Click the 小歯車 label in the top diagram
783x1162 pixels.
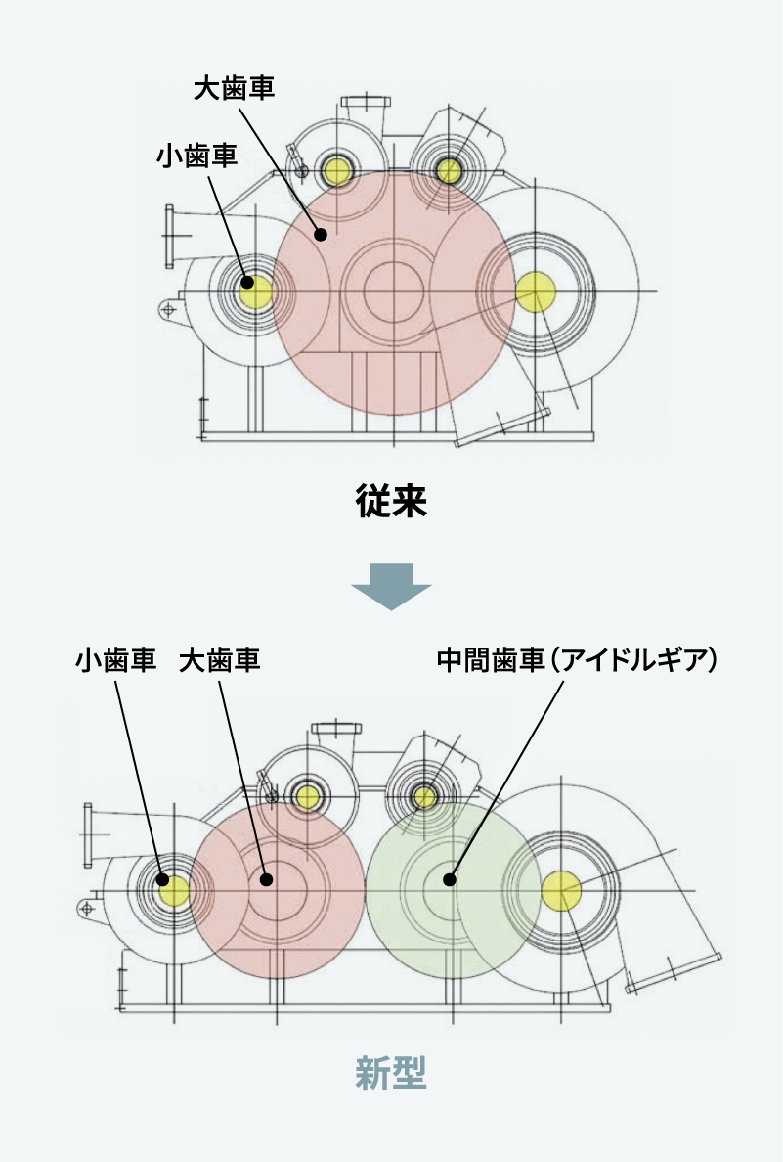click(x=196, y=156)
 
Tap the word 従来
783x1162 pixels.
click(x=390, y=504)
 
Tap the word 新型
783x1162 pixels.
click(x=390, y=1074)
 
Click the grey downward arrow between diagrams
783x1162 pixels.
click(x=391, y=586)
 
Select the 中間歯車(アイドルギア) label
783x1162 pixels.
click(x=577, y=661)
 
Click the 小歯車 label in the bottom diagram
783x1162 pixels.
click(x=116, y=661)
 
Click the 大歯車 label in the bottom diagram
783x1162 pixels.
click(x=220, y=661)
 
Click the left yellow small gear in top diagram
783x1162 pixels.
click(x=254, y=290)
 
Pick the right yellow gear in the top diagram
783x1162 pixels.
click(x=536, y=290)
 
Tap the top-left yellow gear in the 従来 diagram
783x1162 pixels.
click(x=338, y=171)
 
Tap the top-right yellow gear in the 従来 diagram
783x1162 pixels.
click(x=449, y=171)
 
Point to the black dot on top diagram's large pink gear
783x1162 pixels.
click(x=320, y=233)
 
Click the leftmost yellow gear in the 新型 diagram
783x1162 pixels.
click(x=175, y=890)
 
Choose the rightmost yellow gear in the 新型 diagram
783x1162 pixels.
click(x=561, y=891)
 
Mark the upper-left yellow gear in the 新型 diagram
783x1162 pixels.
click(x=308, y=797)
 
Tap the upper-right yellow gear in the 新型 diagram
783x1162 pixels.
click(x=425, y=797)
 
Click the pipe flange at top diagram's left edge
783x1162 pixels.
click(x=171, y=236)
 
